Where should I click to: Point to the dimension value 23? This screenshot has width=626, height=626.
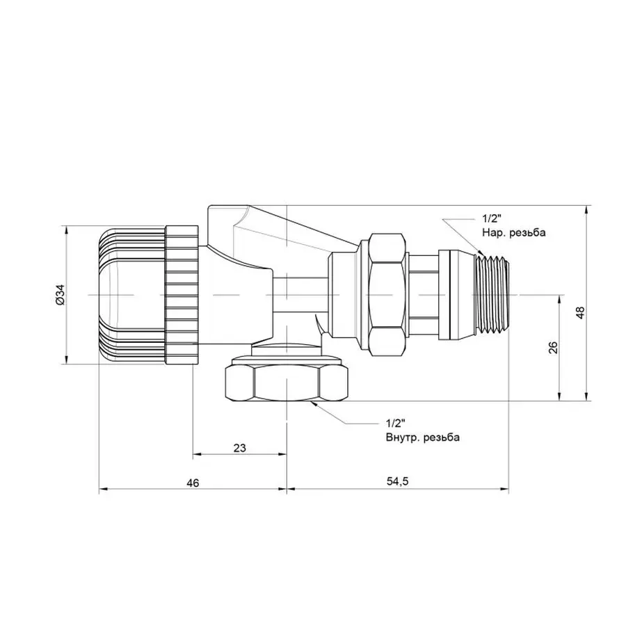240,448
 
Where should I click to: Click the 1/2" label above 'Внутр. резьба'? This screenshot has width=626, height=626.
394,424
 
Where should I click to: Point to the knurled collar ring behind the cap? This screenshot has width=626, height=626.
182,295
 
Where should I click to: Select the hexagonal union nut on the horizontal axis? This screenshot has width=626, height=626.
387,295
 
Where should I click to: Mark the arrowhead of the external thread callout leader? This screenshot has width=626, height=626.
478,251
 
